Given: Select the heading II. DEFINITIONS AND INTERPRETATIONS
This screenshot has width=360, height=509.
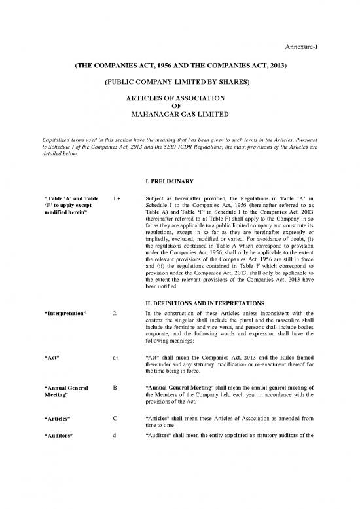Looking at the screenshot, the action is pos(196,302).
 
